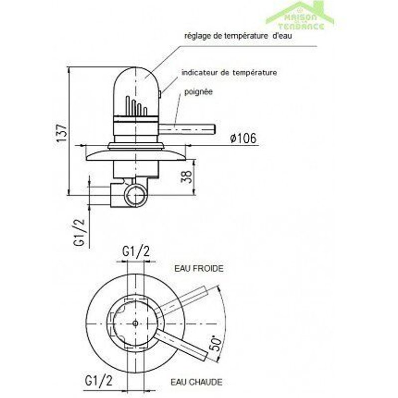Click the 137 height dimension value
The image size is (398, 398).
60,133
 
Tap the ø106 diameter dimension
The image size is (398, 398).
243,139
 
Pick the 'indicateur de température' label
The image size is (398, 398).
229,73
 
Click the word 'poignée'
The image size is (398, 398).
198,92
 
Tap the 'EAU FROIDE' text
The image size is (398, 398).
199,268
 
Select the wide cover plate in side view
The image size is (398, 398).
136,154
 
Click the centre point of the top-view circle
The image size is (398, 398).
136,324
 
